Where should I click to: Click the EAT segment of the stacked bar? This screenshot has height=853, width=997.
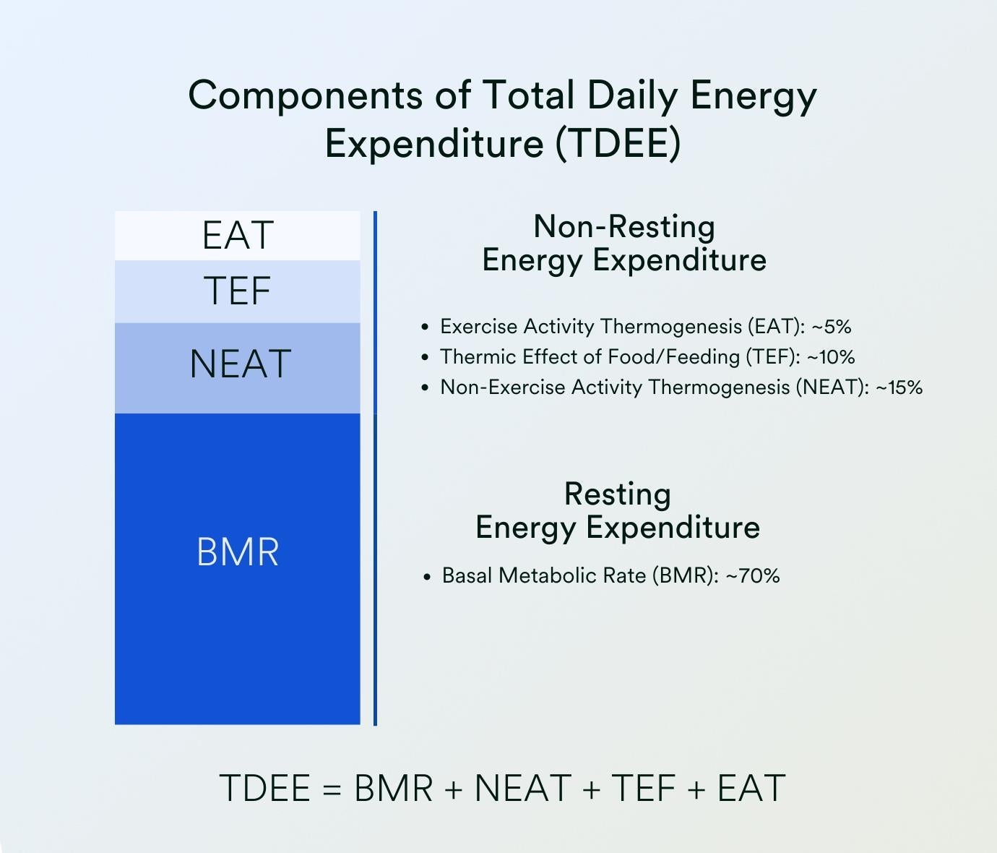[237, 236]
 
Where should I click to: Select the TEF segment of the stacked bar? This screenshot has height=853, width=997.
[237, 291]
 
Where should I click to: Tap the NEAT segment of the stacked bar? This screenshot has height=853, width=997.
[237, 368]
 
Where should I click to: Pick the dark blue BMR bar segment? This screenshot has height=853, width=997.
[237, 569]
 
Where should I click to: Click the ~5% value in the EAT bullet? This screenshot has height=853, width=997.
[832, 327]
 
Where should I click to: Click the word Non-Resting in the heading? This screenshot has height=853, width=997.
[624, 226]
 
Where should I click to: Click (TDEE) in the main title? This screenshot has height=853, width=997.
[618, 143]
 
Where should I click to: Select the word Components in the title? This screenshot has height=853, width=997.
[306, 96]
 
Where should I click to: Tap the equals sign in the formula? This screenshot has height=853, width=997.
[332, 789]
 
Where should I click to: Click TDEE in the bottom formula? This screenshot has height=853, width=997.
[264, 789]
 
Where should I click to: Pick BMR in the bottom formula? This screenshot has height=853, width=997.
[394, 789]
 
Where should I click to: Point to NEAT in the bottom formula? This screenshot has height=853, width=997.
[523, 789]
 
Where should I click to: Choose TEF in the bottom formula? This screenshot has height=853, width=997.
[644, 789]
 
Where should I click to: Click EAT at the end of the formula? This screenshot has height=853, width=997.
[751, 789]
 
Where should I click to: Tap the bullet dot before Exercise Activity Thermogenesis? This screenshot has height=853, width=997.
[425, 327]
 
